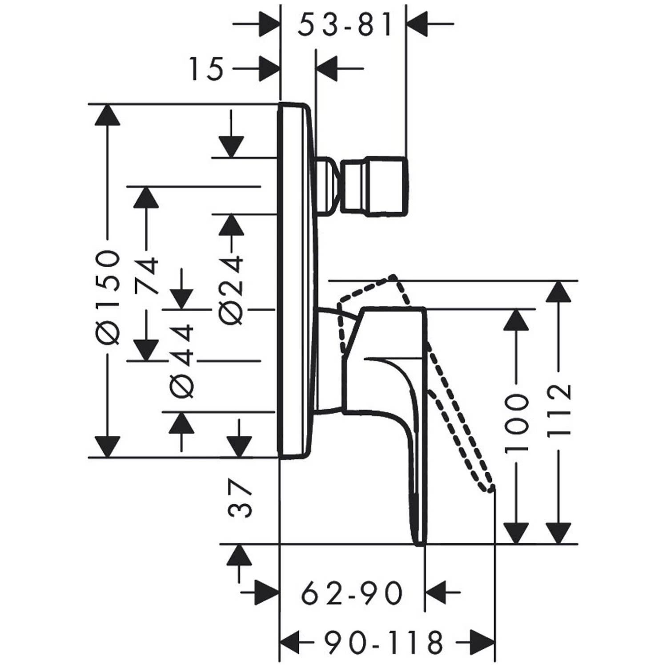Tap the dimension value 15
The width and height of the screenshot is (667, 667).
pos(206,70)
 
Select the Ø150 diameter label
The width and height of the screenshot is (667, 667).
pos(108,297)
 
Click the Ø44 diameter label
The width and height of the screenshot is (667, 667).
pos(182,361)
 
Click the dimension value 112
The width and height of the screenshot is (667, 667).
pos(559,411)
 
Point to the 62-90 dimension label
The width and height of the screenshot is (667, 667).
pos(352,593)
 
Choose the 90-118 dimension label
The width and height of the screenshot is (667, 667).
pos(383,642)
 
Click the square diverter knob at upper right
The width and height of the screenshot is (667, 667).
pos(374,186)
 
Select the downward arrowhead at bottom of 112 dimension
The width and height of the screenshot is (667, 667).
pos(559,532)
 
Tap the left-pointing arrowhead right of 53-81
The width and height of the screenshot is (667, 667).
pos(418,23)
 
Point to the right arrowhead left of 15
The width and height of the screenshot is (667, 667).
pos(269,69)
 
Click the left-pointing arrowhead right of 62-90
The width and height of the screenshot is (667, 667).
pos(437,592)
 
